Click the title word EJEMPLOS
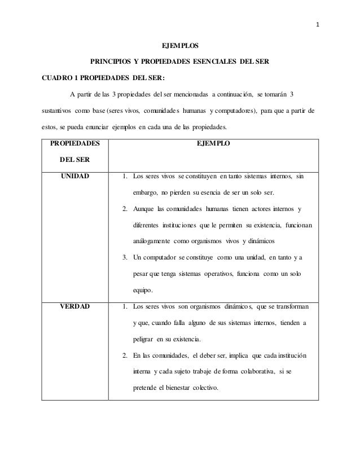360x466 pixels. pyautogui.click(x=181, y=45)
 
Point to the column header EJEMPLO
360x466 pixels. pyautogui.click(x=213, y=144)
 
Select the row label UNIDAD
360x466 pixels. pyautogui.click(x=72, y=177)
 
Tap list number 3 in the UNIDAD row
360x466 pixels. pyautogui.click(x=125, y=258)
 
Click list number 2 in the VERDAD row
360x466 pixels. pyautogui.click(x=125, y=356)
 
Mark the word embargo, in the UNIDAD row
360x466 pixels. pyautogui.click(x=147, y=193)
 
